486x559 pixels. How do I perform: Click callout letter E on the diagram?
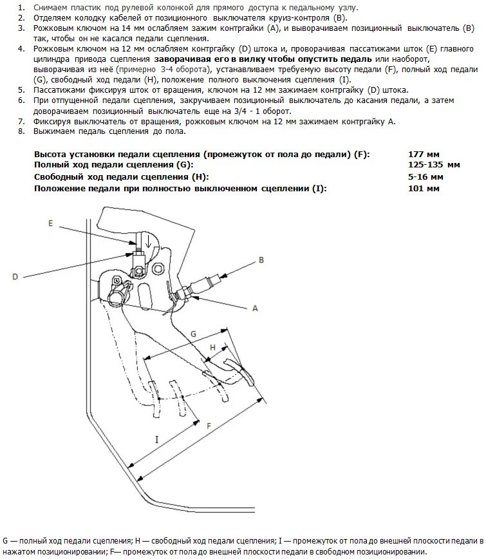tap(50, 222)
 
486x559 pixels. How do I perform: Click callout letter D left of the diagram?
tap(15, 276)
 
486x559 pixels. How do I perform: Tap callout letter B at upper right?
tap(261, 260)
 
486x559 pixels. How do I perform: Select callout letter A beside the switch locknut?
tap(255, 308)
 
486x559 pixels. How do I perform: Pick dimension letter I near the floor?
tap(156, 439)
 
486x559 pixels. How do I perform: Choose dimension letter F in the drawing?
tap(208, 426)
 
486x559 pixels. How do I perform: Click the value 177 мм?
tap(424, 155)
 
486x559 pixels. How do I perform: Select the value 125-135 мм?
tap(435, 166)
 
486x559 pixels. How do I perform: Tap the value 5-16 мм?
tap(425, 176)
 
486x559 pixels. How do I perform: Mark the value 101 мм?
tap(424, 188)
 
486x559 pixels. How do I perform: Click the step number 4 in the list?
tap(22, 49)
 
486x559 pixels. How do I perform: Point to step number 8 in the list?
tap(22, 131)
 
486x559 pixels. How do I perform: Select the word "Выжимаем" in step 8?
tap(53, 131)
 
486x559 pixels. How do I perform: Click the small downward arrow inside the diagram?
tap(149, 243)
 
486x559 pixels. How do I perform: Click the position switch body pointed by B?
tap(209, 283)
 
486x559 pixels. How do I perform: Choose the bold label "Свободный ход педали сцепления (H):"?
tap(122, 176)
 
